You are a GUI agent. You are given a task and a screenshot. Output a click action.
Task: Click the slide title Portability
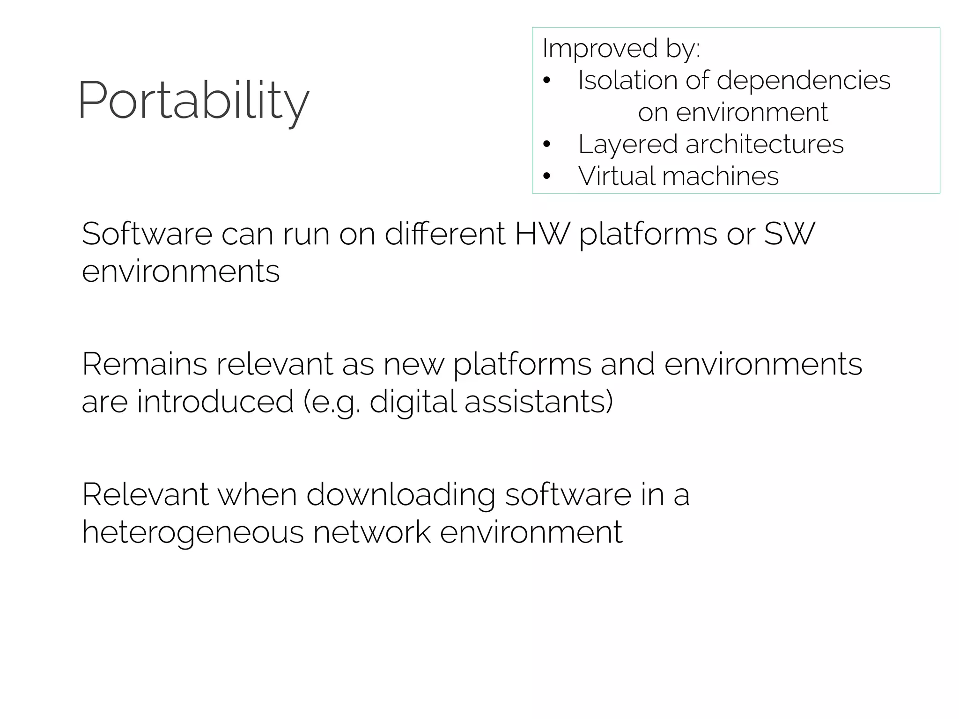[193, 101]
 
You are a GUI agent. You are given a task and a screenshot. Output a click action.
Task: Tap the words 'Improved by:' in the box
[621, 48]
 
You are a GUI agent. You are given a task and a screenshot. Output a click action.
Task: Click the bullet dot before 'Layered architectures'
[547, 144]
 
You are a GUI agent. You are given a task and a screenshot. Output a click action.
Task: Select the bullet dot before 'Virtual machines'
[547, 176]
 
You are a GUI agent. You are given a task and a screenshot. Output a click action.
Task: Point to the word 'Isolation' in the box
[627, 80]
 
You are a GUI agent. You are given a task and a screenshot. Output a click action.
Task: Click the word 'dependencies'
[804, 80]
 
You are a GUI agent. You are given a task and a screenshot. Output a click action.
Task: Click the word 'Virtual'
[616, 176]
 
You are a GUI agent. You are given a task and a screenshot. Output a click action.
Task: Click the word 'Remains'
[144, 364]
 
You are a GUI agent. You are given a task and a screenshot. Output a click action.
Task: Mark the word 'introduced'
[215, 402]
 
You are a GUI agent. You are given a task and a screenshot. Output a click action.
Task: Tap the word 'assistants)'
[539, 402]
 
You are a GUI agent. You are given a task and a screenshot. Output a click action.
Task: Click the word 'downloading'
[401, 495]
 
